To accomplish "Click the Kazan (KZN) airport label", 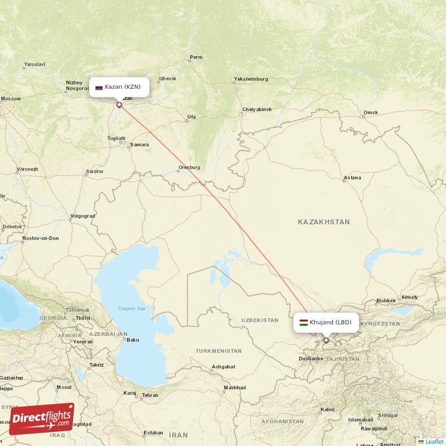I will [x=119, y=87].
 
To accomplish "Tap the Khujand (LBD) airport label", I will [x=326, y=322].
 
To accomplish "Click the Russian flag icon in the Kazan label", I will [x=99, y=88].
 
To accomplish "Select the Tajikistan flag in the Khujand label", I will [x=303, y=322].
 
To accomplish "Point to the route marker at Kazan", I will [x=119, y=104].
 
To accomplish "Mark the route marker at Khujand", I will [x=326, y=340].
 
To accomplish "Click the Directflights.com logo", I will [x=41, y=418].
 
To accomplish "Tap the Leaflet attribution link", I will [x=434, y=442].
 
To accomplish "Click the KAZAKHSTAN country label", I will [x=323, y=222].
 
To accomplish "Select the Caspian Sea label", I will [x=131, y=308].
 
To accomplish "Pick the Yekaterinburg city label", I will [x=251, y=79].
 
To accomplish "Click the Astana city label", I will [x=352, y=178].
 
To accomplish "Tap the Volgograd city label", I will [x=83, y=216].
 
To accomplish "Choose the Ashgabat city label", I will [x=223, y=367].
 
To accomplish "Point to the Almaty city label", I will [x=409, y=297].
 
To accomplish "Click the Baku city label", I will [x=133, y=340].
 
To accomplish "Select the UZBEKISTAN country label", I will [x=259, y=320].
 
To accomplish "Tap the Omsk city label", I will [x=370, y=113].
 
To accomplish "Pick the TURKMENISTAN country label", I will [x=219, y=351].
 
